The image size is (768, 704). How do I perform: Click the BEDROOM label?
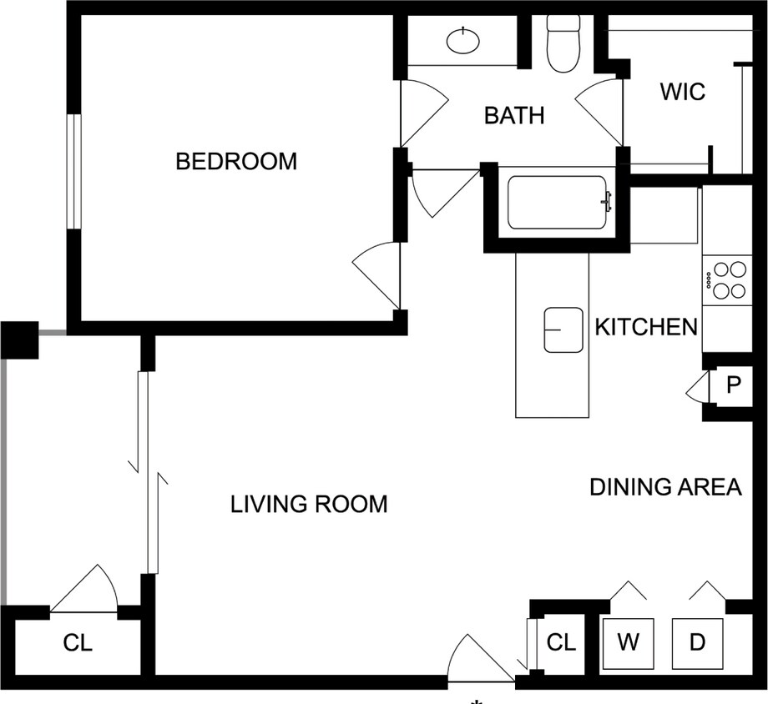point(236,161)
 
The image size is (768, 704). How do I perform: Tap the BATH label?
point(514,115)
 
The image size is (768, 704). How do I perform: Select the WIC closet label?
point(682,91)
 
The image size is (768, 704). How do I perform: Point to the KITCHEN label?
point(645,326)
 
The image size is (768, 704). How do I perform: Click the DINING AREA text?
point(665,487)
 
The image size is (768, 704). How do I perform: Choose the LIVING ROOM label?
point(309,504)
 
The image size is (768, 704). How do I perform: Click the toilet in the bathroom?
point(563,45)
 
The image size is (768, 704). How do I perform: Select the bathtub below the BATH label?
point(557,203)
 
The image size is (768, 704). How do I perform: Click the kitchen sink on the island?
point(563,329)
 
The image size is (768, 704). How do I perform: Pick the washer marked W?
point(628,642)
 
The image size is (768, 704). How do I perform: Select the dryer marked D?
point(698,642)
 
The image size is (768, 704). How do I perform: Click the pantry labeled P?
point(734,385)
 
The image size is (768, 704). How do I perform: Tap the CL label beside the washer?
point(561,642)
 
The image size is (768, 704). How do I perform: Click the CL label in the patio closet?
point(78,644)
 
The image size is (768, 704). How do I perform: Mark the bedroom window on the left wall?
point(74,171)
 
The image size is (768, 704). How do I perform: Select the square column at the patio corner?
point(19,339)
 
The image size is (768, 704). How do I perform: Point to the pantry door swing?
point(697,388)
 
